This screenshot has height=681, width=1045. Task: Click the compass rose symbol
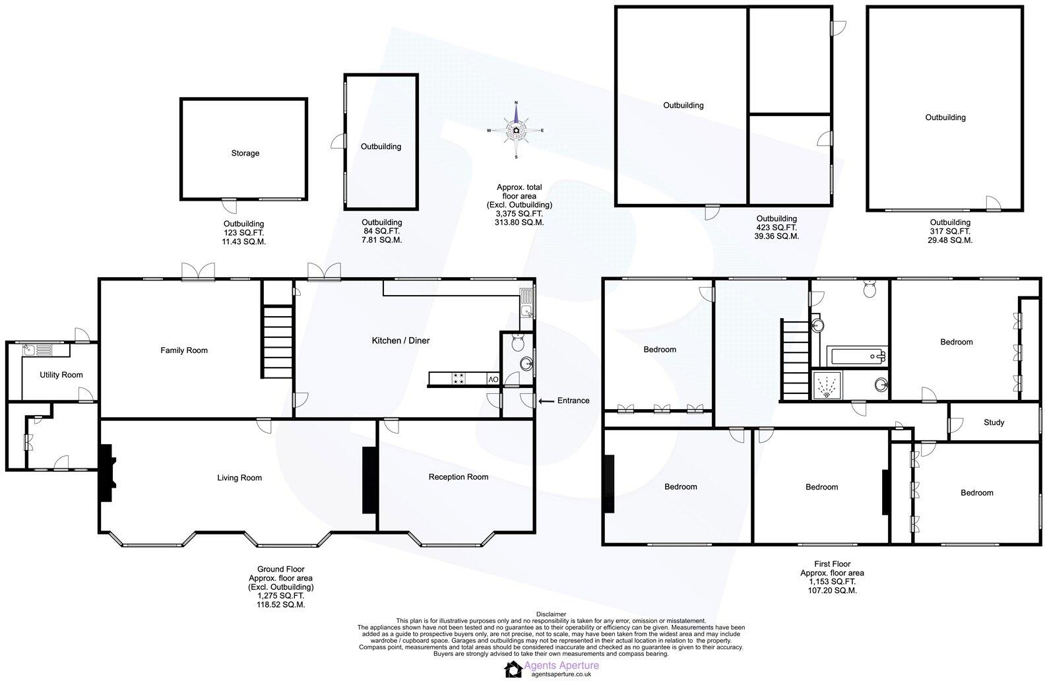pos(516,130)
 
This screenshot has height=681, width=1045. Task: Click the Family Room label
pos(184,350)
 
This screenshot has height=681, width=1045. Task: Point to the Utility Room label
pos(61,375)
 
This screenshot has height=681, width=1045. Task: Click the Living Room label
pos(239,478)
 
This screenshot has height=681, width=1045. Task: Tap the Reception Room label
pos(458,476)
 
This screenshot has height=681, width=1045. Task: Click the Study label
pos(994,422)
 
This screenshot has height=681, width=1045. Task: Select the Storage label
pos(245,153)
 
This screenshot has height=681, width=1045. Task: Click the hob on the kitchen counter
pos(457,379)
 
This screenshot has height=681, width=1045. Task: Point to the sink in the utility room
pos(37,350)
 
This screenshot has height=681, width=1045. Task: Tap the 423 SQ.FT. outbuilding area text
pos(776,227)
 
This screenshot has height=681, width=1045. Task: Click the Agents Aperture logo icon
pos(513,668)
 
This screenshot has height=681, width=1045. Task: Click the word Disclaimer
pos(551,614)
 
